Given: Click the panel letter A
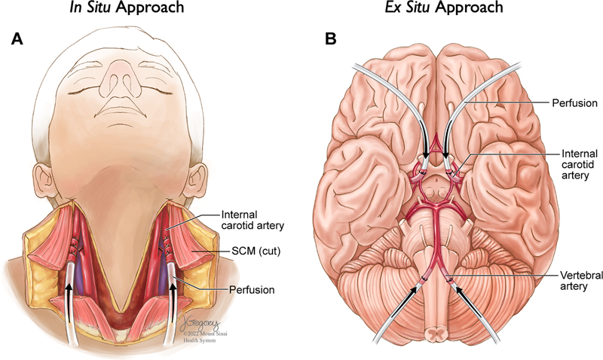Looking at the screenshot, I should (17, 39).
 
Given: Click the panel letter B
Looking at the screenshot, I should (330, 39).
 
